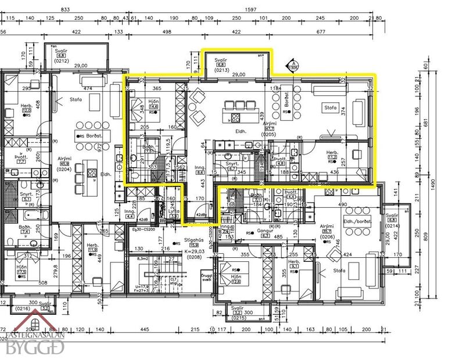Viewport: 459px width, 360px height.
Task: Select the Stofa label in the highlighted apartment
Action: tap(331, 107)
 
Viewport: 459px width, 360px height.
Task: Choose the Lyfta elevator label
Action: tap(174, 212)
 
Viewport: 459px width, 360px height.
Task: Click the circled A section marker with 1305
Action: tap(294, 66)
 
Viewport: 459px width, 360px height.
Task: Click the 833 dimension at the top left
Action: tap(65, 10)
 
